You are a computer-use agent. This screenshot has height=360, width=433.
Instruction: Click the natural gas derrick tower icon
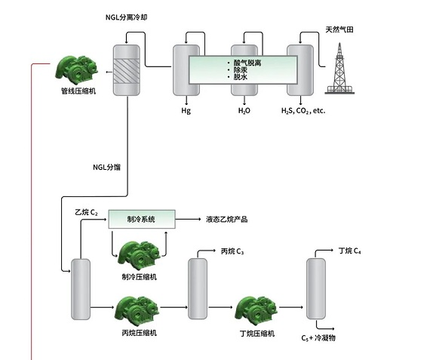tap(339, 69)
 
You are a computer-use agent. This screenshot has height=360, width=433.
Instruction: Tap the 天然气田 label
tap(339, 29)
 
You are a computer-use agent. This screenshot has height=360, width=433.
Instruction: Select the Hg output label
tap(186, 111)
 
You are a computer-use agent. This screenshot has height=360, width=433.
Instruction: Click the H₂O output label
tap(244, 111)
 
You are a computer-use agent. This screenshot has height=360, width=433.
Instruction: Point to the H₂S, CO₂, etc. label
tap(303, 111)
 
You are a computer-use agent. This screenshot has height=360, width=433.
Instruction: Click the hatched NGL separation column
tap(127, 70)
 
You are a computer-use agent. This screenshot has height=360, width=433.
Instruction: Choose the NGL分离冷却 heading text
tap(127, 17)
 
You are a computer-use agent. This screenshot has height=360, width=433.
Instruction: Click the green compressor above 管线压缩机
tap(76, 70)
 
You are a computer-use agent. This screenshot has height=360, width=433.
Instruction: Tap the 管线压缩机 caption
tap(78, 91)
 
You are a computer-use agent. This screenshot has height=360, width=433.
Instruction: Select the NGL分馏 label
tap(106, 167)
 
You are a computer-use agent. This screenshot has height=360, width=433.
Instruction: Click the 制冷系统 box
tap(142, 219)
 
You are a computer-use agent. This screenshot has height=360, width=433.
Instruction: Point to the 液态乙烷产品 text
tap(227, 220)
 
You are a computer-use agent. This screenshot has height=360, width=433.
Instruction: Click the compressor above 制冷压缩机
tap(139, 255)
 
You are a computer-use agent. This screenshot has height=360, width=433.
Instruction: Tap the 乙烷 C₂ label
tap(86, 212)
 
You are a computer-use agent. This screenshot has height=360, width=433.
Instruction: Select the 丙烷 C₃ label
tap(232, 251)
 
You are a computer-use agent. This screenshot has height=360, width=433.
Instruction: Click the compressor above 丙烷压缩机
tap(136, 311)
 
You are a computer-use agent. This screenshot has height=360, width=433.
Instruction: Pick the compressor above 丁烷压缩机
tap(256, 311)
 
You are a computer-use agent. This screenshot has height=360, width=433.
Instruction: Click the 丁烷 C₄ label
tap(349, 251)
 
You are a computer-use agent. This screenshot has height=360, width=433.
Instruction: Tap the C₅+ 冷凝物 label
tap(318, 338)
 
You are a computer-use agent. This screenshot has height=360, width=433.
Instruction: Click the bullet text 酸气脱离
tap(247, 63)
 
